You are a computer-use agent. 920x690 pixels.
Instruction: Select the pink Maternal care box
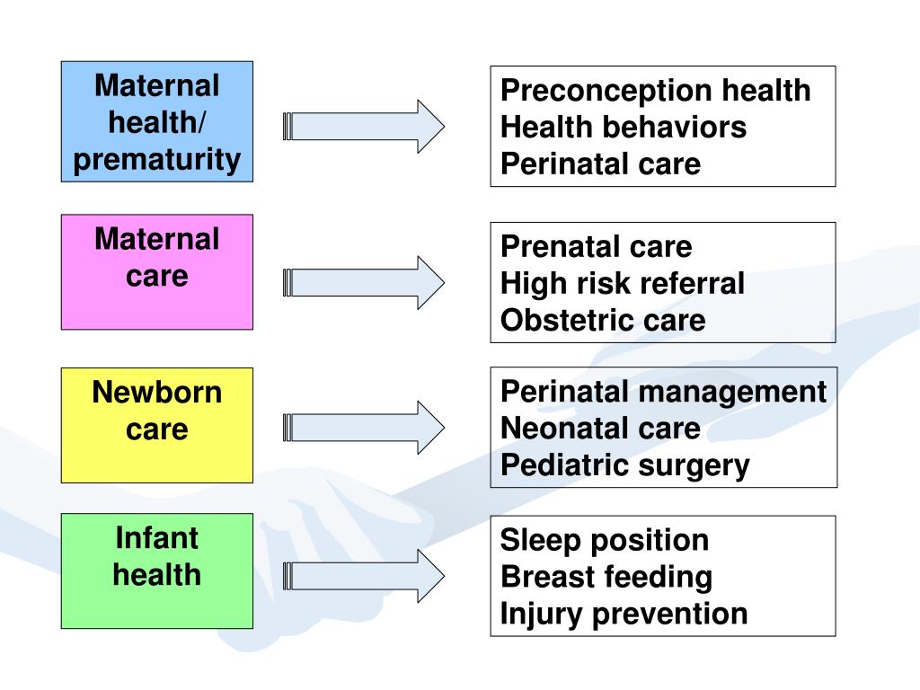pyautogui.click(x=156, y=271)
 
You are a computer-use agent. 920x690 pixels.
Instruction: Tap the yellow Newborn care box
pyautogui.click(x=156, y=425)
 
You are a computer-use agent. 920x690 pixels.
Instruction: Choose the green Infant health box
pyautogui.click(x=156, y=571)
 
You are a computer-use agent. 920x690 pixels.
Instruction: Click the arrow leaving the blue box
pyautogui.click(x=364, y=126)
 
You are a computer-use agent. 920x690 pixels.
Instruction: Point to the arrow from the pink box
pyautogui.click(x=364, y=282)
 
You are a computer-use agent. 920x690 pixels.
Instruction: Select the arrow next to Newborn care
pyautogui.click(x=364, y=427)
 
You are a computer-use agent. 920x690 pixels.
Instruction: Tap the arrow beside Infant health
pyautogui.click(x=364, y=575)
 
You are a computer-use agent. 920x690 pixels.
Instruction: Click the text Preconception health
pyautogui.click(x=655, y=91)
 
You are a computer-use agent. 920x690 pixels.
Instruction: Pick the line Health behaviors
pyautogui.click(x=623, y=128)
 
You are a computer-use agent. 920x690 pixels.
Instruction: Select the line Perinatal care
pyautogui.click(x=599, y=164)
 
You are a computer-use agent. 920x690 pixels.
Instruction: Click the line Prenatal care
pyautogui.click(x=596, y=247)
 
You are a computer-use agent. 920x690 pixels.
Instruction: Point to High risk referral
pyautogui.click(x=622, y=284)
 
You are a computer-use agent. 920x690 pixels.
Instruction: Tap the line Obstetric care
pyautogui.click(x=602, y=321)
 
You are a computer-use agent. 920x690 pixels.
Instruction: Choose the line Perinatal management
pyautogui.click(x=662, y=393)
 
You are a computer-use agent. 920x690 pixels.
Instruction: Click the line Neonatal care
pyautogui.click(x=599, y=429)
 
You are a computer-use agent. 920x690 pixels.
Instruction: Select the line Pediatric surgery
pyautogui.click(x=624, y=465)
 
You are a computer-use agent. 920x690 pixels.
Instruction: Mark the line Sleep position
pyautogui.click(x=604, y=540)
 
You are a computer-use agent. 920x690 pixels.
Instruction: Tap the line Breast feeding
pyautogui.click(x=606, y=577)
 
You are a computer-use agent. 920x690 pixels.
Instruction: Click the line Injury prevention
pyautogui.click(x=624, y=614)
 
